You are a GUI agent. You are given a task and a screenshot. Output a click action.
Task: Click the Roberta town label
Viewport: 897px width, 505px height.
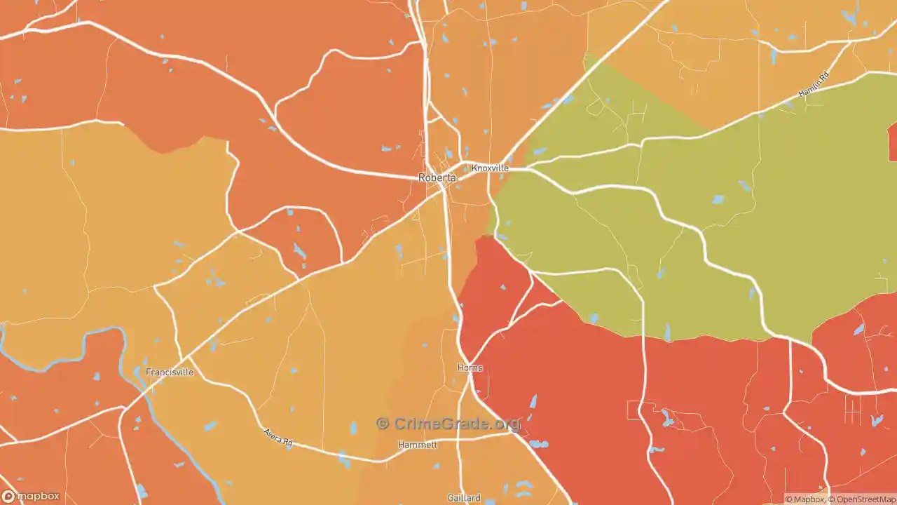(437, 178)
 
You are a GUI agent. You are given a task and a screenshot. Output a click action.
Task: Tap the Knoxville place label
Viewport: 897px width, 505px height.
(490, 168)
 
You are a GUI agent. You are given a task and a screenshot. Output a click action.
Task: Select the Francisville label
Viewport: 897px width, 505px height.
(169, 372)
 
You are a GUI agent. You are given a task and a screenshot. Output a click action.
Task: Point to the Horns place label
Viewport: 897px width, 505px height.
(470, 368)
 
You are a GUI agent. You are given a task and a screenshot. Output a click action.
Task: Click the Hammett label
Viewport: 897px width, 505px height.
(418, 445)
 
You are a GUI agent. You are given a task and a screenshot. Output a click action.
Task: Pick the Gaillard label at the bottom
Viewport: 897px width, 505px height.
(464, 498)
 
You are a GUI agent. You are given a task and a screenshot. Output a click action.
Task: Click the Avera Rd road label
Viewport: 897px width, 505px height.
(278, 438)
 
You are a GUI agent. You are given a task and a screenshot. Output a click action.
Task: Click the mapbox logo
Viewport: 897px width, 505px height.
(31, 497)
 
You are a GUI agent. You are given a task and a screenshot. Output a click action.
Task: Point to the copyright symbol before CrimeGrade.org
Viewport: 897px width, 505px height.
(383, 424)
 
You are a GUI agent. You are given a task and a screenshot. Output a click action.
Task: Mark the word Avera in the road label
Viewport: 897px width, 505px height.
(273, 436)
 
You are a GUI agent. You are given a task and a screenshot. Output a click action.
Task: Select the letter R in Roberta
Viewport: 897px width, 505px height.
(422, 178)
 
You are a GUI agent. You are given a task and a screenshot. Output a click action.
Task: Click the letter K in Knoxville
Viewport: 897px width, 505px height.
(474, 168)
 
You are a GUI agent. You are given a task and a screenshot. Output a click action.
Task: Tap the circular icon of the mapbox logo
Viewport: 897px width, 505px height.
(8, 497)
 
